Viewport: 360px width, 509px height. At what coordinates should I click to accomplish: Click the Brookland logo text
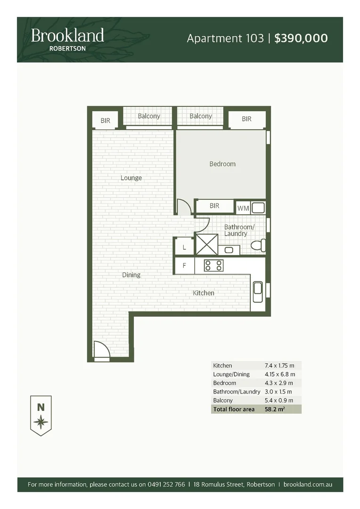[x=67, y=35]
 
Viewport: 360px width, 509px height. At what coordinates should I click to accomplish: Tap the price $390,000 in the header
[x=301, y=38]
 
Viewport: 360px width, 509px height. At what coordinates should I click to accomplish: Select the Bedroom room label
[x=222, y=164]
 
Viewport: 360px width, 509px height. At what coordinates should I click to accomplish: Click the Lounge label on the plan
[x=131, y=178]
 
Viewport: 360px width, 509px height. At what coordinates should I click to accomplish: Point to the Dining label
[x=131, y=275]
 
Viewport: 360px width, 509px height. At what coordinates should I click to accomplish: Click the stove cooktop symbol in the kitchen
[x=213, y=265]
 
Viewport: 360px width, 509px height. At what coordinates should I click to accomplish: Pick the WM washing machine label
[x=243, y=207]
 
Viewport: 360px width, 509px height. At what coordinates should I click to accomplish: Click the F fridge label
[x=184, y=265]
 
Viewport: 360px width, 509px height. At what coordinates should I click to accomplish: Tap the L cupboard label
[x=184, y=247]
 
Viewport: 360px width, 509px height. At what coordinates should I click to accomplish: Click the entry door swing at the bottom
[x=101, y=350]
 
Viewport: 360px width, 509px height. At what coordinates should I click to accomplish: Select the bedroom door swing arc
[x=183, y=207]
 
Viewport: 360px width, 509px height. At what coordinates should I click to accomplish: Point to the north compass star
[x=41, y=421]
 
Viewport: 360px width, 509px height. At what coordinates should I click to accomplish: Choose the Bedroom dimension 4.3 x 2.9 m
[x=279, y=383]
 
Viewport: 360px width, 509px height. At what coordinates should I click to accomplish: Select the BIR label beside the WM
[x=214, y=206]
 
